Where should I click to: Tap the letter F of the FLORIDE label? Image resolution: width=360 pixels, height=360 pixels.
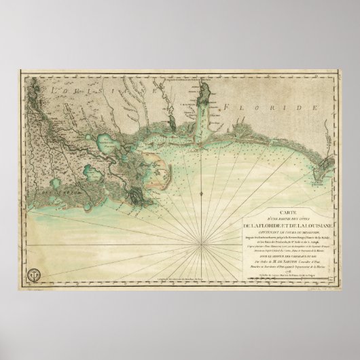pos(226,107)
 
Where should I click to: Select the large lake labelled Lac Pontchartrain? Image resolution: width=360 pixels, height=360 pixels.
pos(107,143)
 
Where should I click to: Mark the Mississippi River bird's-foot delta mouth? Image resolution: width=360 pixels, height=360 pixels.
pos(138,197)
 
